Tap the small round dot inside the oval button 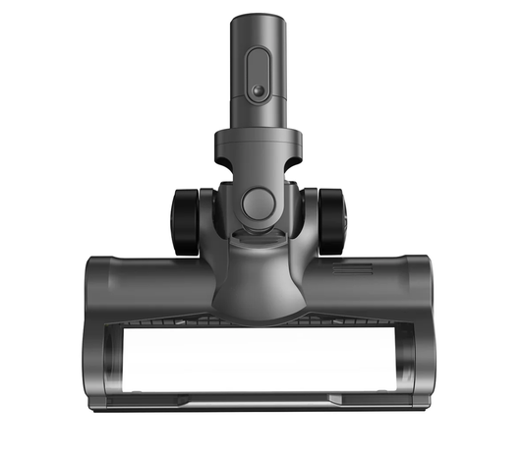(258, 90)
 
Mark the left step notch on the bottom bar (183, 397)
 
